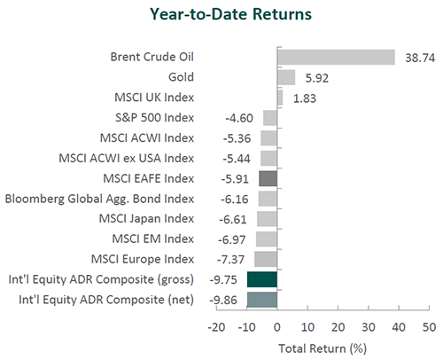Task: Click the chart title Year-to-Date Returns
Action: (230, 14)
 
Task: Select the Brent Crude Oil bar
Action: (336, 58)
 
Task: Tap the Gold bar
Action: (286, 77)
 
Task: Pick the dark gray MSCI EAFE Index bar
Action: (268, 178)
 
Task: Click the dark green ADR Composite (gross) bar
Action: (262, 279)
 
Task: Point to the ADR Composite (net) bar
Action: (262, 300)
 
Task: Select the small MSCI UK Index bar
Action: (280, 98)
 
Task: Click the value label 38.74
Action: (420, 58)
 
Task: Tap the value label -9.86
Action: (223, 301)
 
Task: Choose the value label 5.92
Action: (316, 78)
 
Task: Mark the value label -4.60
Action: (239, 119)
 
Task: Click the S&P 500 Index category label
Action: (154, 118)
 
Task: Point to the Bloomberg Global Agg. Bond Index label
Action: (99, 199)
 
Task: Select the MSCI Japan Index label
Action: (146, 219)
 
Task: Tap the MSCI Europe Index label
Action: (143, 259)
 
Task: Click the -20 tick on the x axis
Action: (216, 327)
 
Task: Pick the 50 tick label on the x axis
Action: (429, 327)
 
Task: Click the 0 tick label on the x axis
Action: (277, 327)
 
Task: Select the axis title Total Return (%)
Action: (323, 348)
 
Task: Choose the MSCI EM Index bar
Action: (267, 239)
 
